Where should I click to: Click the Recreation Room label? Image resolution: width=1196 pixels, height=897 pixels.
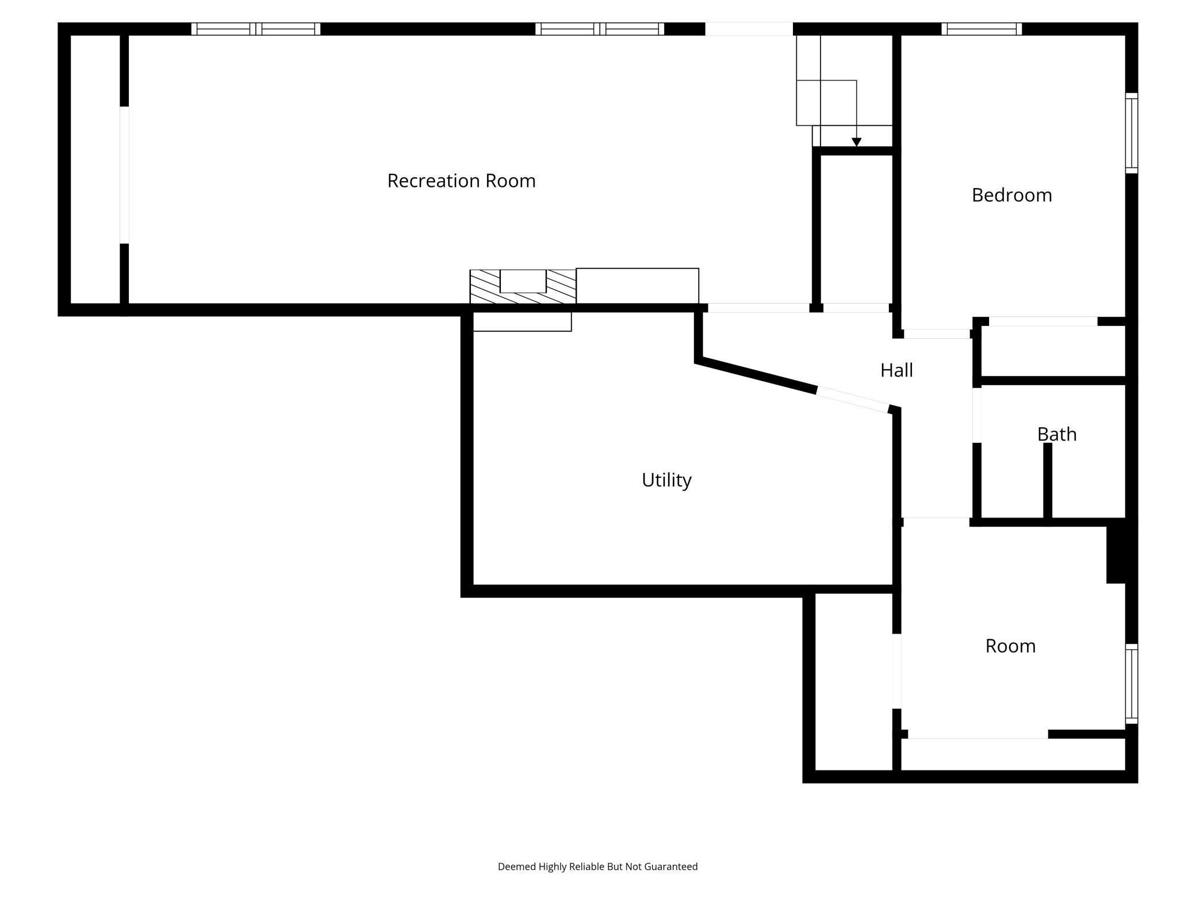point(461,181)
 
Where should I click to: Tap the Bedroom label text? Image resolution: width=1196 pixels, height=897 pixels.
point(1011,195)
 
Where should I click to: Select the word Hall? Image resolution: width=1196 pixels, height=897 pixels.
point(896,370)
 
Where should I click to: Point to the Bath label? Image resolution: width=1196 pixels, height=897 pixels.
point(1056,434)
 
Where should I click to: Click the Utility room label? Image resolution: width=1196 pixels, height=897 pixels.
point(666,480)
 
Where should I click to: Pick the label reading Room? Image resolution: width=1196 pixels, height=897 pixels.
point(1010,646)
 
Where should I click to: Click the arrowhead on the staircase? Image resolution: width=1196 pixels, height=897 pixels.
point(856,142)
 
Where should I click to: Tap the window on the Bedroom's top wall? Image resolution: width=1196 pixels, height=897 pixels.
point(982,29)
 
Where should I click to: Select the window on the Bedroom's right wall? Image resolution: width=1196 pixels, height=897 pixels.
point(1131,133)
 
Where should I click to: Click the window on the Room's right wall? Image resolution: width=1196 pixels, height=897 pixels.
point(1131,684)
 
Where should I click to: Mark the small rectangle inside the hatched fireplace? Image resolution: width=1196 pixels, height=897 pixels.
point(523,281)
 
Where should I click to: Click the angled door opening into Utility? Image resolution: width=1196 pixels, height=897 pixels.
point(853,400)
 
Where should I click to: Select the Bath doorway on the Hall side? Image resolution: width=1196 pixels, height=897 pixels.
point(976,415)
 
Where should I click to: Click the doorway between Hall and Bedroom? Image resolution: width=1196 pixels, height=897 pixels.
point(937,333)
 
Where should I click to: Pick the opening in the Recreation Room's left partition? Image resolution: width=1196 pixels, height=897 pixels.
point(124,175)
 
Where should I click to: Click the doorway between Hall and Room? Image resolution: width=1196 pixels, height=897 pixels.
point(936,521)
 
